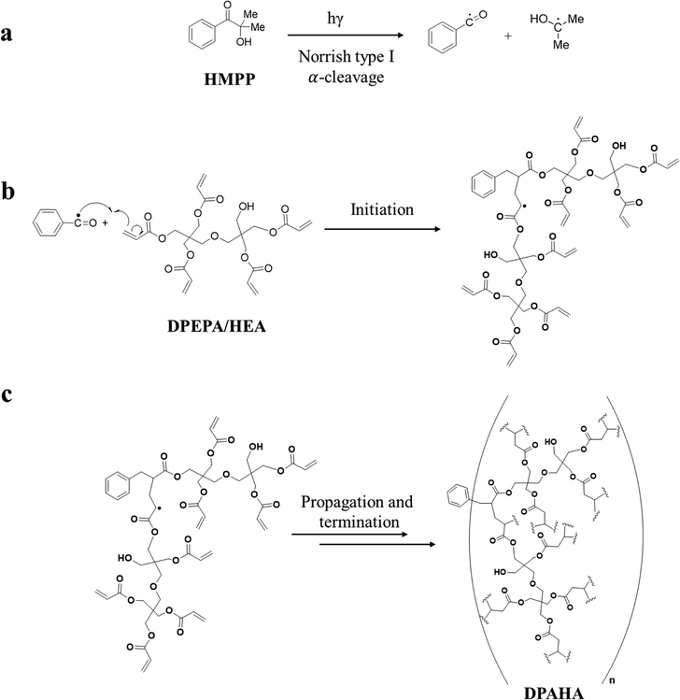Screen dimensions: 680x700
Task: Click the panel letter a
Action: point(7,34)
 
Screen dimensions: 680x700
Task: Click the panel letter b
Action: point(8,191)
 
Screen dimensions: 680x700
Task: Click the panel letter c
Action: point(7,394)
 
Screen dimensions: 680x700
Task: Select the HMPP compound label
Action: point(230,79)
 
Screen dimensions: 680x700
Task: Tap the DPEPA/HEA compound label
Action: point(217,326)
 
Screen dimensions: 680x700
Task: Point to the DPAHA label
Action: point(553,693)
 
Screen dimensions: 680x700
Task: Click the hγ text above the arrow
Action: point(335,20)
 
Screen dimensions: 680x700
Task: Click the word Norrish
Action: point(321,57)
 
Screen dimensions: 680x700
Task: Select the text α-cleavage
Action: point(347,78)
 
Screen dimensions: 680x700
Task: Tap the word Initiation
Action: point(382,209)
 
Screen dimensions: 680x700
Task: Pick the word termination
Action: point(360,521)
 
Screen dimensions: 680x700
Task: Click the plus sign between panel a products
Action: point(508,36)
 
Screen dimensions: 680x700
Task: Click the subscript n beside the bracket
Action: point(611,680)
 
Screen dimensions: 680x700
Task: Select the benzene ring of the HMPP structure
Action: point(202,35)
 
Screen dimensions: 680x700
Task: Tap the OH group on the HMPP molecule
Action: point(244,42)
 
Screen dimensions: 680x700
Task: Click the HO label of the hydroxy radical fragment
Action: point(539,19)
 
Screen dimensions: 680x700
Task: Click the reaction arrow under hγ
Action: point(346,36)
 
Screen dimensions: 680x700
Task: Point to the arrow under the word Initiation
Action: point(382,229)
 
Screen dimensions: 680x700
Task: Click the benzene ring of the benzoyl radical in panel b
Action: point(48,222)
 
